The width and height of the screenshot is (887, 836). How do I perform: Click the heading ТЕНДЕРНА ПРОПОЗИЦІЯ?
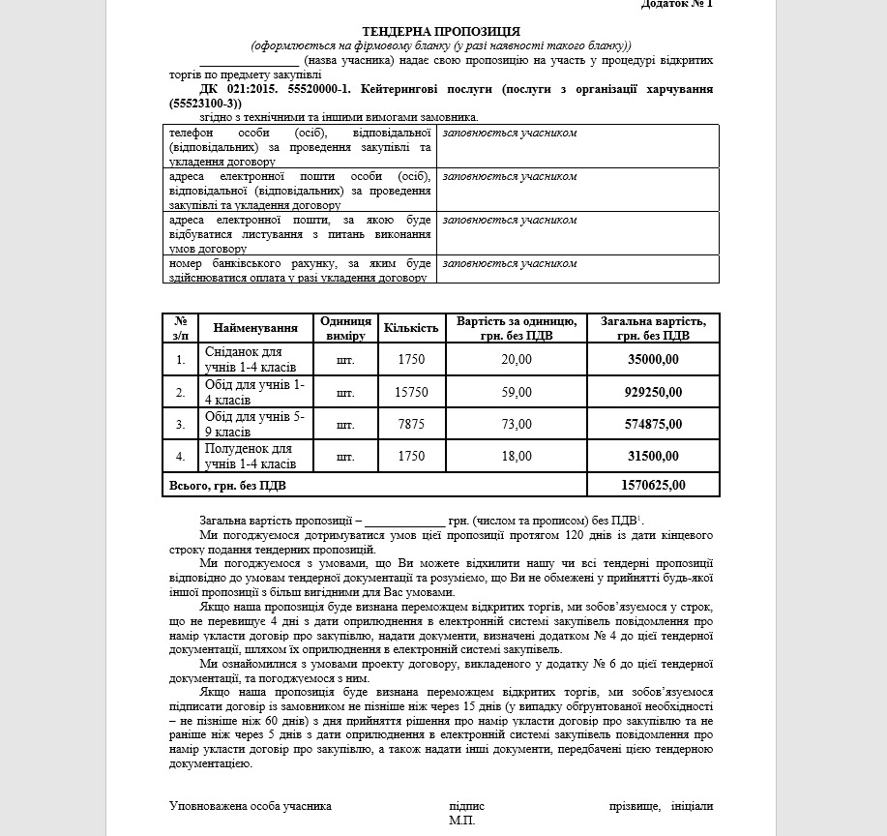[440, 32]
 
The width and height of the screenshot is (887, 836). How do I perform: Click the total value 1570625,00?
[654, 486]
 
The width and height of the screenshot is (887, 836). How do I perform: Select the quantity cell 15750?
[411, 392]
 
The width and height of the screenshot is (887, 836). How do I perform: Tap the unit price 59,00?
[517, 392]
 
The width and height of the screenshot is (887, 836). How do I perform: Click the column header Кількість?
[411, 328]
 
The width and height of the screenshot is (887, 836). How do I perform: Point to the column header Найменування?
[255, 328]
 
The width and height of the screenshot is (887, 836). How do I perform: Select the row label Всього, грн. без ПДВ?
[227, 486]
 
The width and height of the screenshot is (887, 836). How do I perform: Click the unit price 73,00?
[517, 424]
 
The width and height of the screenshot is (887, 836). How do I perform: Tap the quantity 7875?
[411, 424]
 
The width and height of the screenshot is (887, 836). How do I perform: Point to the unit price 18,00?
[517, 456]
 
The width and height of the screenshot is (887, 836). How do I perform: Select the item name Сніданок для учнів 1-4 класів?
[250, 360]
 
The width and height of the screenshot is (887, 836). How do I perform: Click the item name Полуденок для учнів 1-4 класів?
[250, 456]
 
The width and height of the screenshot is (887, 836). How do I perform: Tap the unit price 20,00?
[517, 360]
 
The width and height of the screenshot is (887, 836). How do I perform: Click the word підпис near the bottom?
[466, 805]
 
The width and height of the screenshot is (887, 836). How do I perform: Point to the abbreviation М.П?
[462, 821]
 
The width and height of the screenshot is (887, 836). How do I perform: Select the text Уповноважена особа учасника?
[251, 805]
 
